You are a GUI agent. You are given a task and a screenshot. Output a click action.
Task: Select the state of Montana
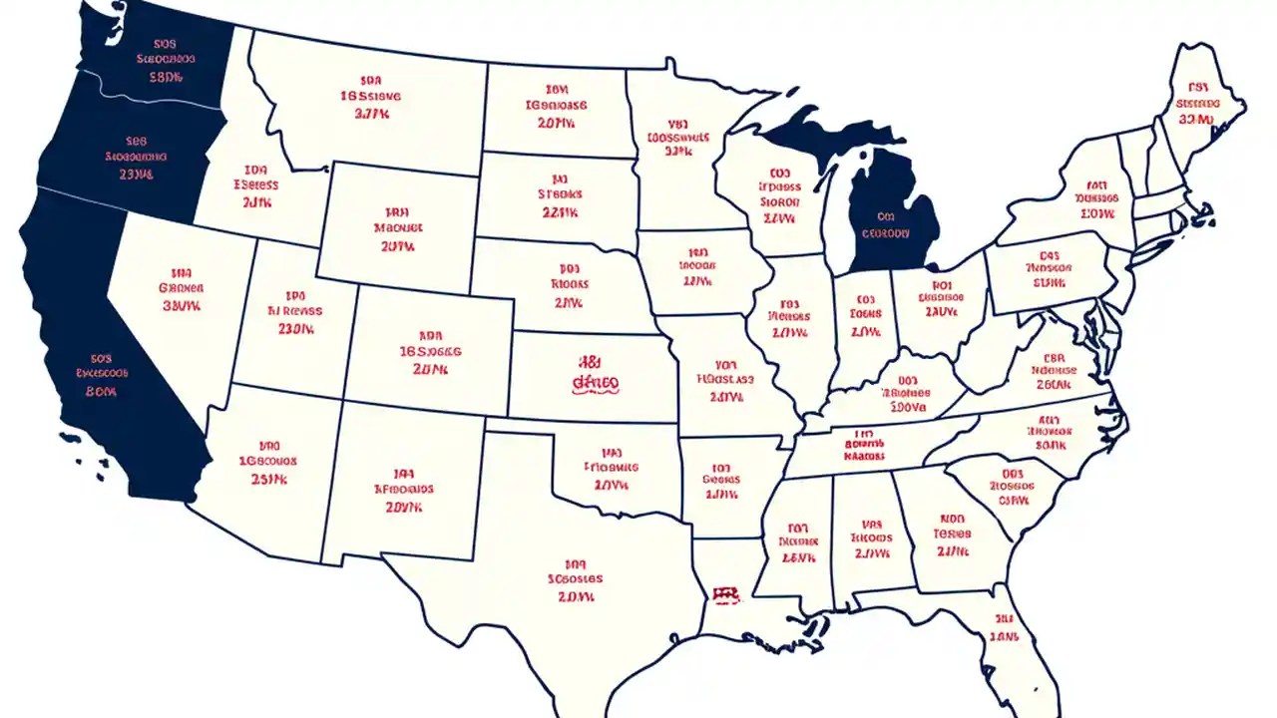click(369, 100)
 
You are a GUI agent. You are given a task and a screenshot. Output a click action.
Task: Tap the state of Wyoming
click(399, 224)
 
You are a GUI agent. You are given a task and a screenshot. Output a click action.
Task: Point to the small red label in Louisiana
click(726, 595)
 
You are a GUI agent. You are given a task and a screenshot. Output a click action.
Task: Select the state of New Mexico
click(404, 489)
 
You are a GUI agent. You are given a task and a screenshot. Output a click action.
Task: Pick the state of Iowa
click(698, 267)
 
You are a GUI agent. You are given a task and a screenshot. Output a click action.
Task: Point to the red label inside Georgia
click(953, 534)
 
